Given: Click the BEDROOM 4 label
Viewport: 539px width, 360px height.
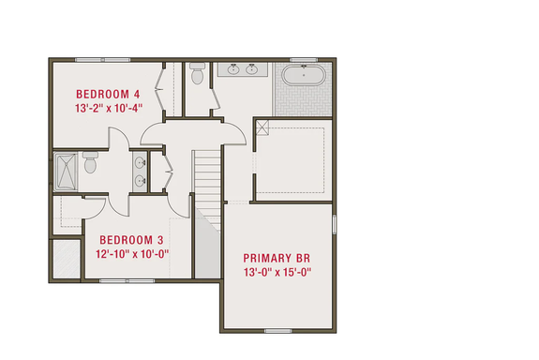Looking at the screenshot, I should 107,94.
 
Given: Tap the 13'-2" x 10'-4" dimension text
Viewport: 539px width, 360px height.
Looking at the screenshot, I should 107,107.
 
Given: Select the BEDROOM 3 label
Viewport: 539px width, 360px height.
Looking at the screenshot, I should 132,239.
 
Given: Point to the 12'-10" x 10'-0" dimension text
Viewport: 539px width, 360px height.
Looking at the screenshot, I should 132,253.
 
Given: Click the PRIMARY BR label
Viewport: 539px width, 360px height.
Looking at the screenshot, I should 277,259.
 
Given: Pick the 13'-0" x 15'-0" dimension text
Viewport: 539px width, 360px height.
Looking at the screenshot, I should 277,273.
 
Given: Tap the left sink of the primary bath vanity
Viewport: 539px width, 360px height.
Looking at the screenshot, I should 232,70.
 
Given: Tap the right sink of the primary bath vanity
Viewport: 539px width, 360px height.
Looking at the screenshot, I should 253,70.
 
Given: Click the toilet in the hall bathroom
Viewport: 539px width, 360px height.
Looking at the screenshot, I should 91,164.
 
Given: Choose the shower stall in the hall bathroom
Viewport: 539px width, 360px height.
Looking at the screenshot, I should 67,171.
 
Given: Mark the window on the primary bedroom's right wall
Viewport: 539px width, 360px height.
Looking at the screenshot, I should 335,230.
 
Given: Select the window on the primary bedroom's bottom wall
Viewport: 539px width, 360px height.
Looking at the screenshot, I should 277,330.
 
